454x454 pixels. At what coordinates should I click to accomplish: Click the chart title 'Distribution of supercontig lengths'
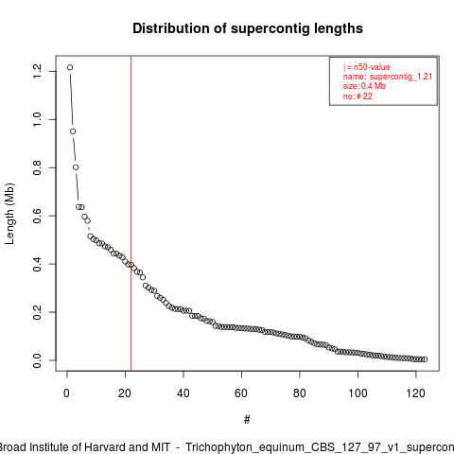point(248,28)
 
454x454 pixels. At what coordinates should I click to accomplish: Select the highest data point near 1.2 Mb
point(70,67)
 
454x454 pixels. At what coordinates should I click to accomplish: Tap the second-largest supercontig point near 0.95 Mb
point(73,131)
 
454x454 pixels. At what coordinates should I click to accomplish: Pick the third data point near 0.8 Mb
point(76,167)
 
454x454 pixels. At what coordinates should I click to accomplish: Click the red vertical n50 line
point(131,213)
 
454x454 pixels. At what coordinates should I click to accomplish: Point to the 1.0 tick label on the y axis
point(37,119)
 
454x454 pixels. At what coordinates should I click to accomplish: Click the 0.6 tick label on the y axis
point(37,216)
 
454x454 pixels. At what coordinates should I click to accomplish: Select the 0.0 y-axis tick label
point(37,360)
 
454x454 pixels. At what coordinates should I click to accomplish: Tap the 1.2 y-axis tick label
point(37,71)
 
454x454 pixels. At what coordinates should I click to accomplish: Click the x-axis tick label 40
point(183,393)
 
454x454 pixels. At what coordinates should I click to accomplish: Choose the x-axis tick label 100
point(358,393)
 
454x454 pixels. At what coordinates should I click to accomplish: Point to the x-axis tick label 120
point(416,393)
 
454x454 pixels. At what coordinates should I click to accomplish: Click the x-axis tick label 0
point(67,393)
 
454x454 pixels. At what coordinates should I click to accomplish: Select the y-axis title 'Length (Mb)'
point(9,214)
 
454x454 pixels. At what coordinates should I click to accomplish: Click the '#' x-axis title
point(247,420)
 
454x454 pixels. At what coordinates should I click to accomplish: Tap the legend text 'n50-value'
point(372,67)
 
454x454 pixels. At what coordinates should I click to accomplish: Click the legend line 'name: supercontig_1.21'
point(388,77)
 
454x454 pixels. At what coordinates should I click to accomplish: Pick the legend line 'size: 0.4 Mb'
point(364,86)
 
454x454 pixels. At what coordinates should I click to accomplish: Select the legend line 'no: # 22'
point(358,96)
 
